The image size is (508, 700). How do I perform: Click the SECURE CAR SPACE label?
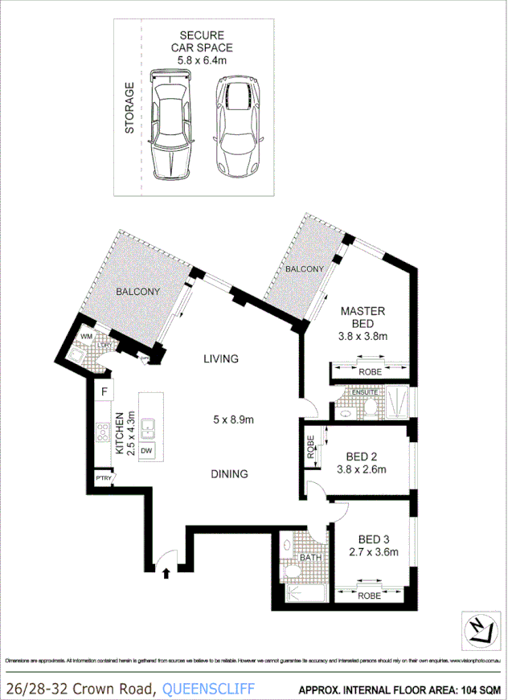200,41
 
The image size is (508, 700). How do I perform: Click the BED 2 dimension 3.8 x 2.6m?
362,470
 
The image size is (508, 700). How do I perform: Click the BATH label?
309,557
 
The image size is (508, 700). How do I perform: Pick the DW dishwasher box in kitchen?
146,452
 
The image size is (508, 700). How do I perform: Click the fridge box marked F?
104,391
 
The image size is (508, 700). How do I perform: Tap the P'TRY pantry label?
104,478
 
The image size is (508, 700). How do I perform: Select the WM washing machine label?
86,338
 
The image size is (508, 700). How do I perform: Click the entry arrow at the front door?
166,573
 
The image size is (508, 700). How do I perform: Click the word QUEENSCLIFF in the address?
208,688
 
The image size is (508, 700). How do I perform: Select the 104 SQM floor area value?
479,689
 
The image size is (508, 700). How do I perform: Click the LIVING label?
221,359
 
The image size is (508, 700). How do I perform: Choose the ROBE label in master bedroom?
370,372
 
